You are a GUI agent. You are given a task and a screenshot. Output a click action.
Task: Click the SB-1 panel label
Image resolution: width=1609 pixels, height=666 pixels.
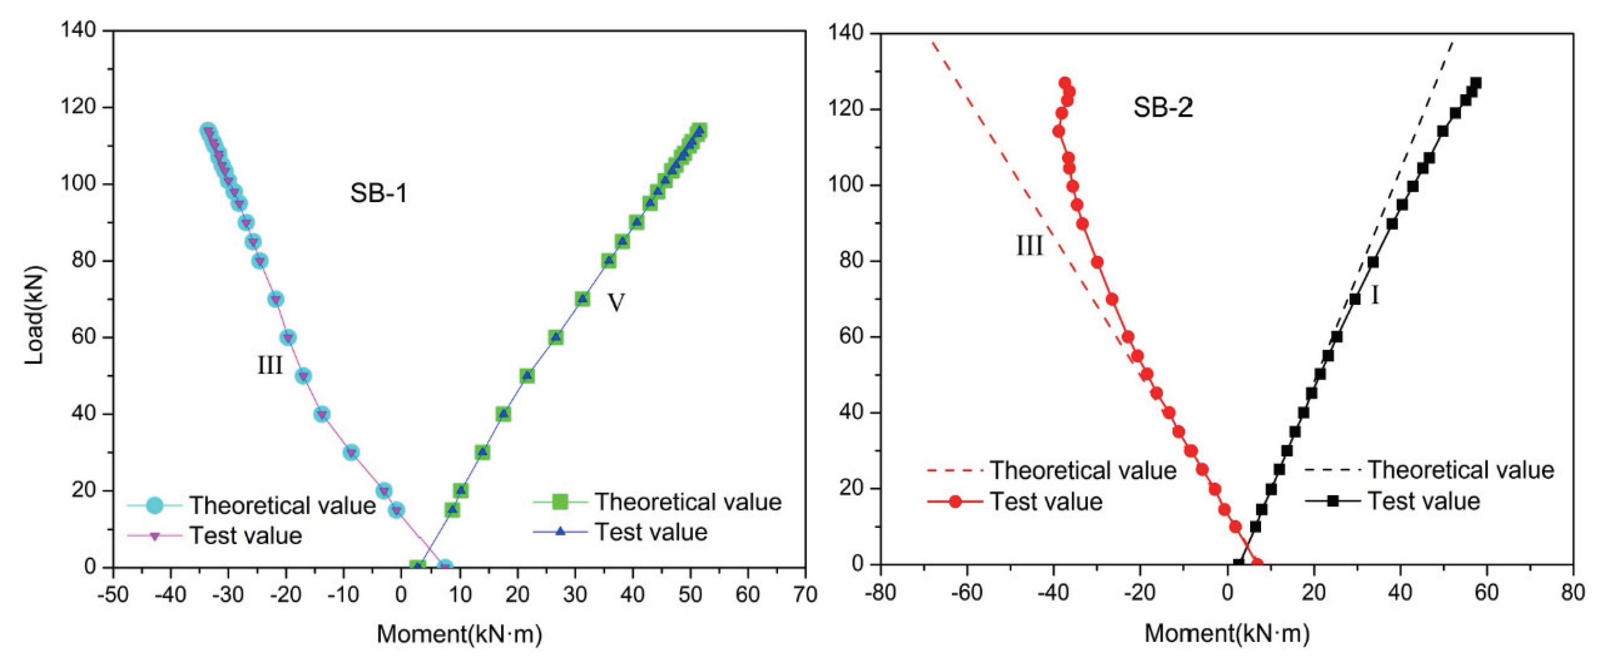coord(379,194)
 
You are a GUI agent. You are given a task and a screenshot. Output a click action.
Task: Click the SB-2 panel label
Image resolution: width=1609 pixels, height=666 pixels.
coord(1163,108)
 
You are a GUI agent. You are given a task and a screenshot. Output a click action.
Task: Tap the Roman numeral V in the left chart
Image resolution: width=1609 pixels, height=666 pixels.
coord(616,303)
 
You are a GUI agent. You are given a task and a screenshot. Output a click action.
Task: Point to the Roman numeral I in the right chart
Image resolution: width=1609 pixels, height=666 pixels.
coord(1375,295)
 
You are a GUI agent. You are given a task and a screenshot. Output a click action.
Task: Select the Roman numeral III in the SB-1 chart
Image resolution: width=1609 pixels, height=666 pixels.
coord(270,365)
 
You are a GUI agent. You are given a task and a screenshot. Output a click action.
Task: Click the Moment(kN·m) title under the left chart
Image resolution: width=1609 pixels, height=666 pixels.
coord(459,634)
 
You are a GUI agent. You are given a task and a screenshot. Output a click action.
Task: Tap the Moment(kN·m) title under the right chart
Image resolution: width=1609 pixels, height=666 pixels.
coord(1227,634)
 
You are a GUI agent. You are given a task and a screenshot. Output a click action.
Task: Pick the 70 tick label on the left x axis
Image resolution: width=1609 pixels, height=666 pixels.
coord(804,595)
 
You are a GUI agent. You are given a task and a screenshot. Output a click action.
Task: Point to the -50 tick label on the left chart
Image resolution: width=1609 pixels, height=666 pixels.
coord(113,595)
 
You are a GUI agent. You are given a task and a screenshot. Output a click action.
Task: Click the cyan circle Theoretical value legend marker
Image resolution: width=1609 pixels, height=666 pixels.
coord(154,505)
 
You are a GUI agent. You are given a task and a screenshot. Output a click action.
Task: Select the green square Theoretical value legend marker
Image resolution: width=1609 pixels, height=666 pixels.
coord(560,501)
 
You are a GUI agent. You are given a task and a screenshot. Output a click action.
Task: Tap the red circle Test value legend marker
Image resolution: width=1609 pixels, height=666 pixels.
coord(955,502)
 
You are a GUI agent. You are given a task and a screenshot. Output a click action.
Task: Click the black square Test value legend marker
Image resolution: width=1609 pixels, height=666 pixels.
coord(1332,501)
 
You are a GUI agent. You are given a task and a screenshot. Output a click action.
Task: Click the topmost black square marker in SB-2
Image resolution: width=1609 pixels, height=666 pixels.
coord(1476,83)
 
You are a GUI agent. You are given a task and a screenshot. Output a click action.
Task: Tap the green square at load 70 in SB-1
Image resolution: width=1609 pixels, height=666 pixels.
coord(582,299)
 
